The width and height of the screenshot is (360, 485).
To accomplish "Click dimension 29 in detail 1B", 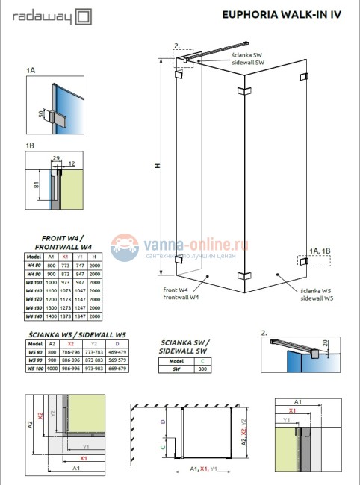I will (56, 157).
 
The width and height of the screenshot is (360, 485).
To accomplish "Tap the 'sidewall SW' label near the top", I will (248, 63).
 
